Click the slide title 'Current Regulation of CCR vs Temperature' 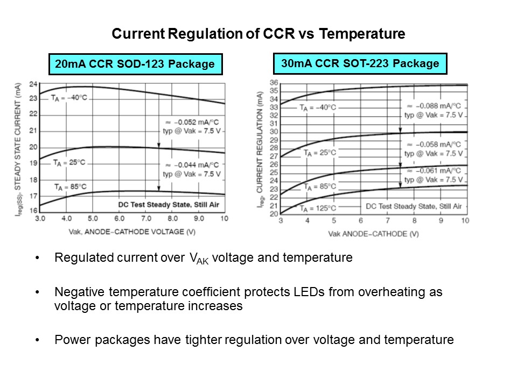[258, 34]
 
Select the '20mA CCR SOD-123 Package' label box [135, 64]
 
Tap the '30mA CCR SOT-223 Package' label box [360, 63]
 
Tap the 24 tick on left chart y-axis [33, 84]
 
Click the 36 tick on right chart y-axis [274, 83]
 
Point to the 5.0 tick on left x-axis [93, 219]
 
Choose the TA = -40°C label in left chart [69, 98]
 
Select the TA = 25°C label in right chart [319, 153]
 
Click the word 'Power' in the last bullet [69, 340]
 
